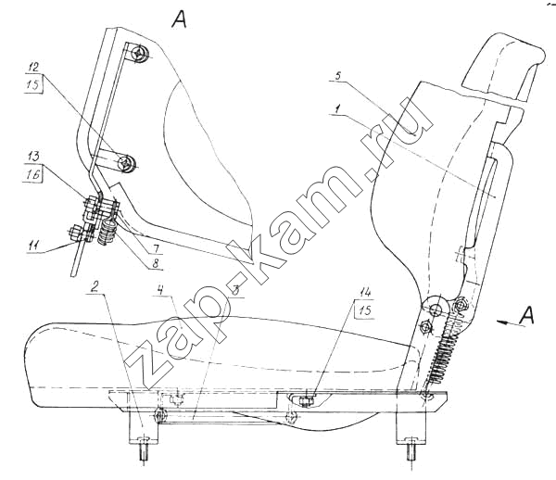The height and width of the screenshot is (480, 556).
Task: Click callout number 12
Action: (x=33, y=68)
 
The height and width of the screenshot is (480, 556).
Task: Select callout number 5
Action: (x=339, y=76)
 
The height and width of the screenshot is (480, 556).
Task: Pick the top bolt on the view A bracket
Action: (x=139, y=55)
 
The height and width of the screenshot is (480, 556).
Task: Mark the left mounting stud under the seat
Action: (x=145, y=448)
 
